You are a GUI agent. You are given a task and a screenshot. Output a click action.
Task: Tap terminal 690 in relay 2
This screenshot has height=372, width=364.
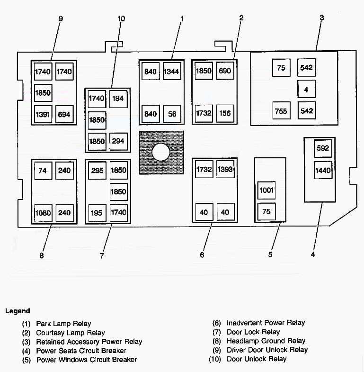pos(225,71)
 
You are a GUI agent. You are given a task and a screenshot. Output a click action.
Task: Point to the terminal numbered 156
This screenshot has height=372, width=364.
pos(225,114)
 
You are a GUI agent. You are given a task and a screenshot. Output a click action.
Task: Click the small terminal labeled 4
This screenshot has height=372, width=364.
pos(306,89)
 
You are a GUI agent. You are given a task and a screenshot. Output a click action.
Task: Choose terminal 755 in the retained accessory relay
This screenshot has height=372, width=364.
pos(281,111)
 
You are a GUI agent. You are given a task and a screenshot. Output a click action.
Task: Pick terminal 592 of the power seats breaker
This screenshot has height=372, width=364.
pos(323,148)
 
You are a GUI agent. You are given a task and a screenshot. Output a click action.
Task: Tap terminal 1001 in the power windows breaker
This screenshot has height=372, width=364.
pos(266,190)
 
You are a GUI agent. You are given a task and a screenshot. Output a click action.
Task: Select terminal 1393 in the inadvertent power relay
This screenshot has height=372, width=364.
pos(225,170)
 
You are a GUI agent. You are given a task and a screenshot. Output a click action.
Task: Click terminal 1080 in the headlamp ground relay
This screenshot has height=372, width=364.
pos(43,213)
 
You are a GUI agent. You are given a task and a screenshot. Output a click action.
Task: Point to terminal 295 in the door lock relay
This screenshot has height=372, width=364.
pos(97,170)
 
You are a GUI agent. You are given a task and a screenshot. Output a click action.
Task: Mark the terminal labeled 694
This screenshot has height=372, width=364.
pos(64,114)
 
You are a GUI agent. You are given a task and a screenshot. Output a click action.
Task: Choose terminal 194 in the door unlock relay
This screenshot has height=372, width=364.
pos(118,98)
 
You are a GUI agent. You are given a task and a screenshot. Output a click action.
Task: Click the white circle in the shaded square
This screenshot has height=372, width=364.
pos(161,152)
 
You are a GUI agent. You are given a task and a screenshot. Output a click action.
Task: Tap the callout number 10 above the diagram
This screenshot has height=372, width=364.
pos(121,18)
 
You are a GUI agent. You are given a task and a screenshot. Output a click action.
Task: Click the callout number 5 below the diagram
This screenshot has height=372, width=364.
pos(270,254)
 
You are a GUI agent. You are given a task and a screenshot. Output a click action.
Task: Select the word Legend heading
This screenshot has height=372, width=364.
pos(18,311)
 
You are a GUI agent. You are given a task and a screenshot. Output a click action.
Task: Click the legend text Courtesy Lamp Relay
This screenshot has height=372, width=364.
pos(71,333)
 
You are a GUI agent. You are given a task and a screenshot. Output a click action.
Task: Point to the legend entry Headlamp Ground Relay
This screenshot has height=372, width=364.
pos(266,341)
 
